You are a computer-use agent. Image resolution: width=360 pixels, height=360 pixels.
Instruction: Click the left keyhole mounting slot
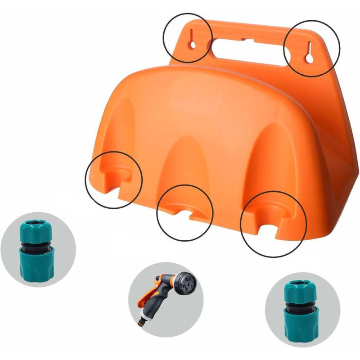tap(192, 39)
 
